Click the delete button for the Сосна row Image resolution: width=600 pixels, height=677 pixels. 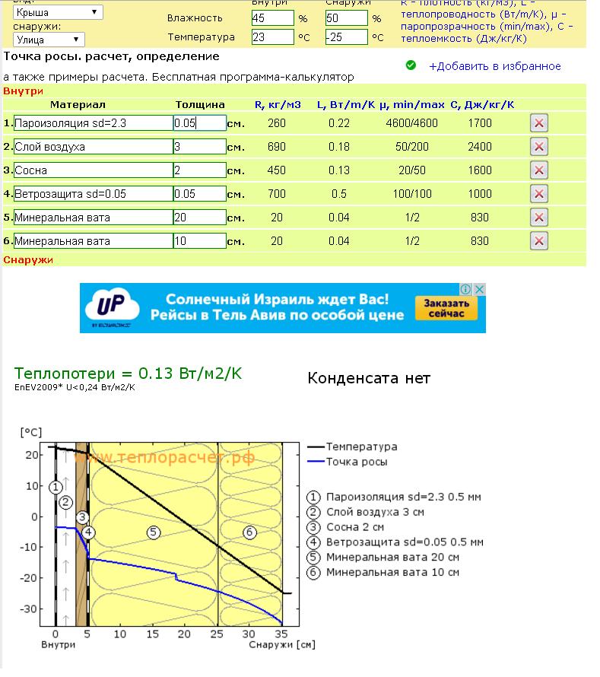[538, 170]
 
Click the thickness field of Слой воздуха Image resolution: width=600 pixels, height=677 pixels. [199, 147]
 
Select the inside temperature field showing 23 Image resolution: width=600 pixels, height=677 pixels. [272, 37]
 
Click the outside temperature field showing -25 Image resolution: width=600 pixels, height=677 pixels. [346, 37]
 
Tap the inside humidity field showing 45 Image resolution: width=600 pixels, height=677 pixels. [272, 17]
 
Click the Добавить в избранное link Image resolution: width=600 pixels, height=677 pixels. [494, 66]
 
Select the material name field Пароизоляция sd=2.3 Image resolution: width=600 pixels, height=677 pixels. [93, 123]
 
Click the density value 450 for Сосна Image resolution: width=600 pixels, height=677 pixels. [276, 170]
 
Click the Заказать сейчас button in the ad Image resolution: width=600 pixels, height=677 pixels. [446, 308]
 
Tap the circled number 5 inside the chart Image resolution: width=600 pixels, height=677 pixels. [153, 532]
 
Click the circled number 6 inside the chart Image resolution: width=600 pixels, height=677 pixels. [249, 532]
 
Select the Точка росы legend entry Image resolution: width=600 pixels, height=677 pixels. [356, 462]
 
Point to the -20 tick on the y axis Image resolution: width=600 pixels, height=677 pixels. [31, 578]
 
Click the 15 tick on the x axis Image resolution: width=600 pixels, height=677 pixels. [152, 633]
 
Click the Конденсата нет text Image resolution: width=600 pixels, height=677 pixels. [369, 378]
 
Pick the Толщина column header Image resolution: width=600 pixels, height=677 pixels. [200, 104]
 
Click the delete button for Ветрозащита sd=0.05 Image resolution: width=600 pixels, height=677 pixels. [538, 194]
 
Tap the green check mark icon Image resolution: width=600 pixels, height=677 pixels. [411, 65]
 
